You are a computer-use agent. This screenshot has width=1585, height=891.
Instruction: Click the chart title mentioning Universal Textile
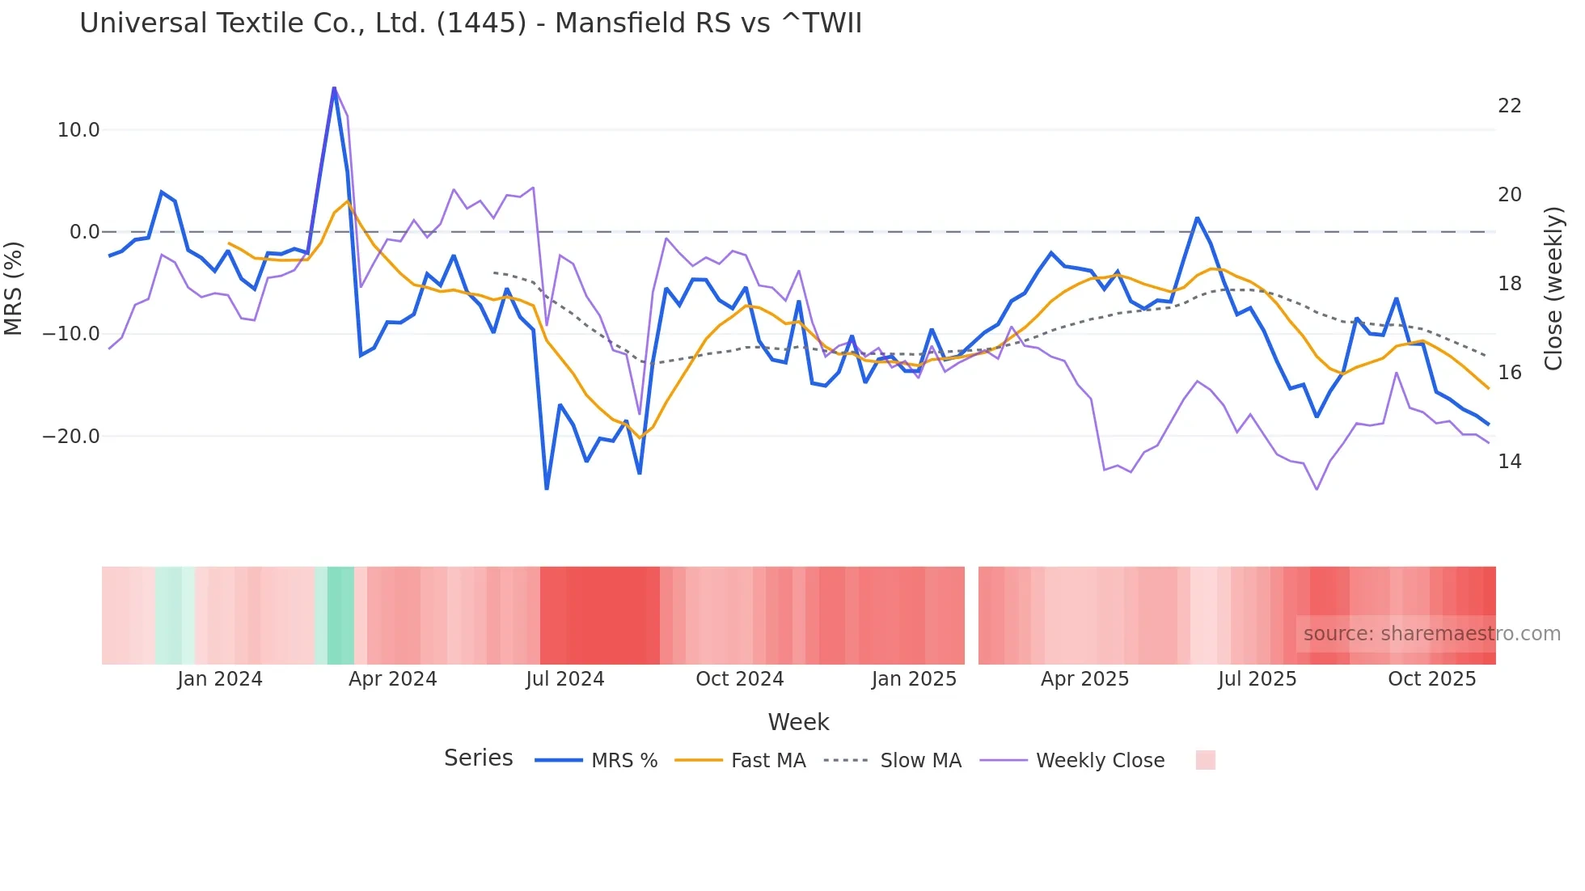click(471, 23)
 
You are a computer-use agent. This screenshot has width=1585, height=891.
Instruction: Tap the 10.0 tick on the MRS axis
click(78, 130)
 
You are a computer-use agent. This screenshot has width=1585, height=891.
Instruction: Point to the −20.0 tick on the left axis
click(71, 437)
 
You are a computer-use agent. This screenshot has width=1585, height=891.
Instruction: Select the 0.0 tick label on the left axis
click(84, 232)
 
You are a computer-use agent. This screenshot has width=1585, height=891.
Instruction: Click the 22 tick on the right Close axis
click(1509, 106)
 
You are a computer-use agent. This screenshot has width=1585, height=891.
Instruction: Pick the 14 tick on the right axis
click(1509, 462)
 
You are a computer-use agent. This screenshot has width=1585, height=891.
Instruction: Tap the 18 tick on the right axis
click(1509, 284)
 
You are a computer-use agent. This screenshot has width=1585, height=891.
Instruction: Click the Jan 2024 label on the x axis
click(220, 679)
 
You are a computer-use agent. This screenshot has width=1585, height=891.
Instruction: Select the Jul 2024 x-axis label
click(565, 679)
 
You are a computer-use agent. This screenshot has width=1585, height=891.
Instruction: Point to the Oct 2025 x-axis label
click(1431, 679)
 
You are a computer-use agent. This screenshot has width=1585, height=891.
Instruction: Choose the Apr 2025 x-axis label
click(1084, 679)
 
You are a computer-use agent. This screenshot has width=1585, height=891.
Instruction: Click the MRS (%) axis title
click(14, 288)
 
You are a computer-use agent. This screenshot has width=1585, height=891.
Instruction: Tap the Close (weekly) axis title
click(1553, 289)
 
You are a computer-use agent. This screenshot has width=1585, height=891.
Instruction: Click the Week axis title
click(798, 722)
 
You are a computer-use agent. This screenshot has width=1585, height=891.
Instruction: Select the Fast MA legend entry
click(767, 761)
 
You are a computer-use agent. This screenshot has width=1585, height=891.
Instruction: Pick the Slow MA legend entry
click(920, 761)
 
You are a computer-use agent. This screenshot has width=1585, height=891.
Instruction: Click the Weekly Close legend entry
click(1100, 761)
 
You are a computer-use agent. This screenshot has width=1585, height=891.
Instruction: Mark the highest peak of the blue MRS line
click(334, 88)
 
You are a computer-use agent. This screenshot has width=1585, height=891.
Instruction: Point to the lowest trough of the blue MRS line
click(547, 489)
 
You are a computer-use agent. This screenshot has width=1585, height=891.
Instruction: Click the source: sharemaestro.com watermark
click(1431, 634)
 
